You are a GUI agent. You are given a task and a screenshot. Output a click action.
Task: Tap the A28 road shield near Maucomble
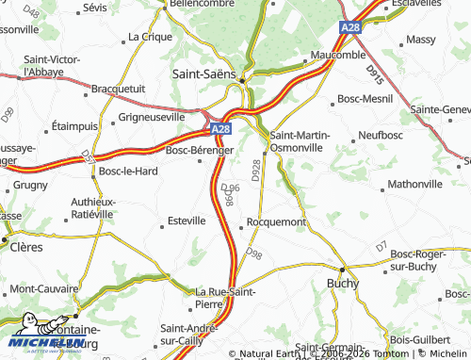click(350, 29)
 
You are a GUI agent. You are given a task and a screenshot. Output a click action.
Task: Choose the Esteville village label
click(186, 221)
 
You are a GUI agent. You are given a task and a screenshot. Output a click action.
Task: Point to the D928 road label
click(257, 171)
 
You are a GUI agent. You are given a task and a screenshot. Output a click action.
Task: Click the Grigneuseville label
click(152, 119)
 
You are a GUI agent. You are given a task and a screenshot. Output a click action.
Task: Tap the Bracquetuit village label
click(115, 90)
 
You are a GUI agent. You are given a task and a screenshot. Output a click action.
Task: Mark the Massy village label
click(419, 40)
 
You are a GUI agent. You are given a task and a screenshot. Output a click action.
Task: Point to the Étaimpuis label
click(74, 125)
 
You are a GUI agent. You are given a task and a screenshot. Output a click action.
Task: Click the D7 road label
click(380, 247)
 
